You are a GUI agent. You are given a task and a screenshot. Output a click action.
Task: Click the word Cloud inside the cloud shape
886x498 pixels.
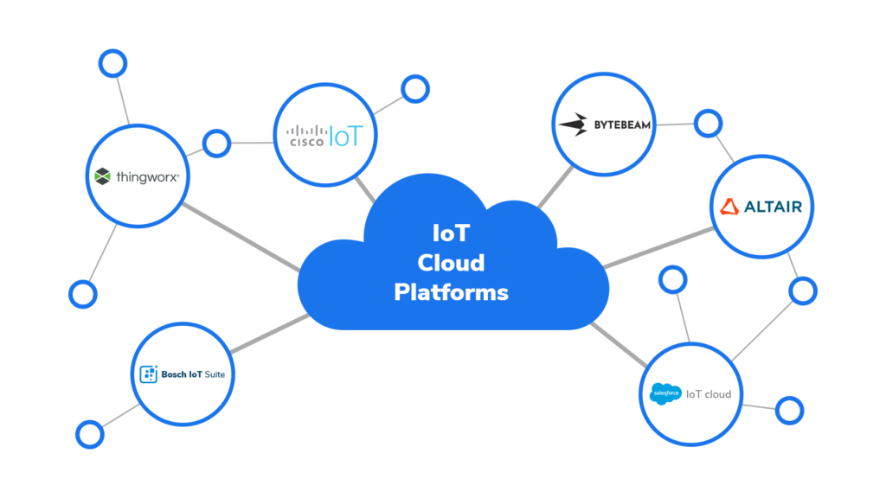point(451,263)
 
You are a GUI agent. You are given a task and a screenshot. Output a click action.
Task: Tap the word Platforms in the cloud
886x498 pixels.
point(451,292)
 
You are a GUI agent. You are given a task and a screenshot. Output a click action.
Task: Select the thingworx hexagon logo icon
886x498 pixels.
point(103,176)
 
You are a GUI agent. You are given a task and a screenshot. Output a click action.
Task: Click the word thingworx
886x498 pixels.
point(147,176)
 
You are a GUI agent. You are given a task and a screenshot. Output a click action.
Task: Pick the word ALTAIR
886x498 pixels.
point(772,207)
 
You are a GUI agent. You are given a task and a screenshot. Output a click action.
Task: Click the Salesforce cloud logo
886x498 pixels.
point(666,393)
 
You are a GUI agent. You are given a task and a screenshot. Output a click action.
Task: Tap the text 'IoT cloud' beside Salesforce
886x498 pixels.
point(709,394)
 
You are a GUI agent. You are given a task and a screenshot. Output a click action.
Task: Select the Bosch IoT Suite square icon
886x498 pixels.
point(148,374)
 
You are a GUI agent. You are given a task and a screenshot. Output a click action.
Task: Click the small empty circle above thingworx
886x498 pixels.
point(112,62)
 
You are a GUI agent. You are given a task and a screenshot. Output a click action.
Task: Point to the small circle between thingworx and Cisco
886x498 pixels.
point(215,143)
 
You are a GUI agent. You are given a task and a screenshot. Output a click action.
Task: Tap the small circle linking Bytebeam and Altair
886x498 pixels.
point(708,124)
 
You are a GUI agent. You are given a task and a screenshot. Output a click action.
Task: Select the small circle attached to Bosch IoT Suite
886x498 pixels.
point(89,434)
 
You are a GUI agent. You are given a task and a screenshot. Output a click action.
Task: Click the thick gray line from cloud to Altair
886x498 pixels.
point(658,247)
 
